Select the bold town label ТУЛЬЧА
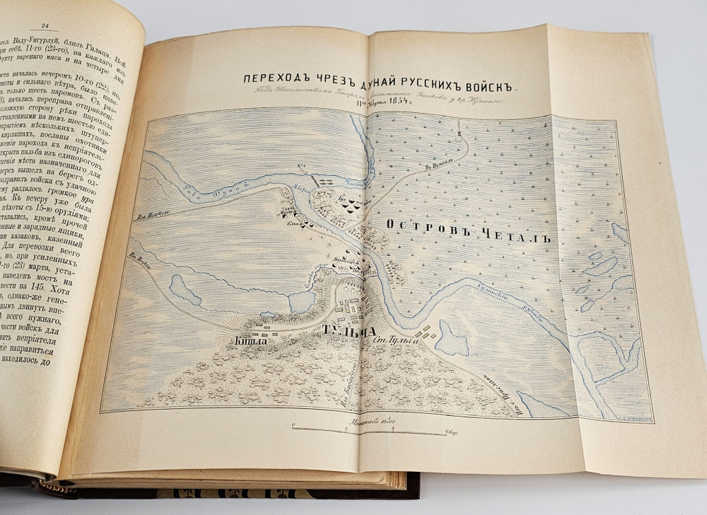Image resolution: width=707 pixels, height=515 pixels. [x=345, y=331]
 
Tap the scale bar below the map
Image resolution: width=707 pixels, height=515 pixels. [x=366, y=429]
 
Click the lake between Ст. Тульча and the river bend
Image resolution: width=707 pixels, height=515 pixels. [x=451, y=339]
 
